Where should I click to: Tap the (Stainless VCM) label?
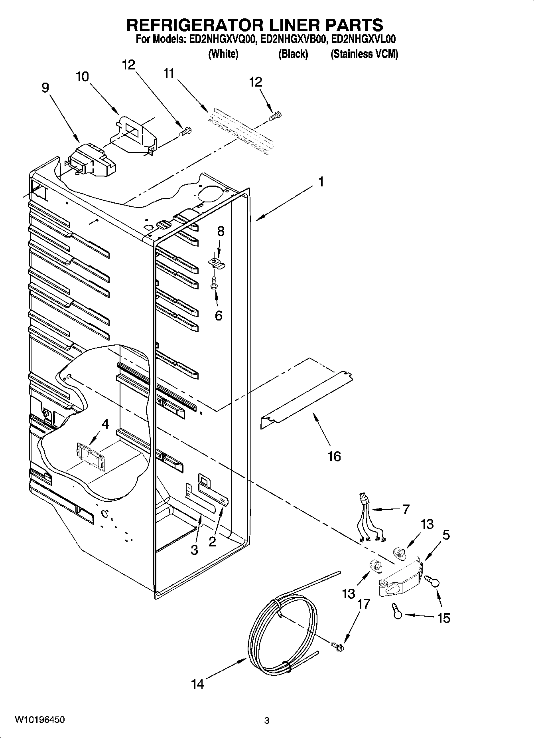click(x=364, y=54)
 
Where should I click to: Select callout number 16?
click(x=334, y=456)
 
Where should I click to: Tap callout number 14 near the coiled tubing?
click(x=197, y=684)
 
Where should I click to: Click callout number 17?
click(x=364, y=604)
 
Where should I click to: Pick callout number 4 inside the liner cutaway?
click(x=105, y=424)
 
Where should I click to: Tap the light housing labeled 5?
click(x=401, y=579)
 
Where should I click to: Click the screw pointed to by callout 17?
click(x=337, y=646)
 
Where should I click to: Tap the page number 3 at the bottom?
click(x=267, y=720)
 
